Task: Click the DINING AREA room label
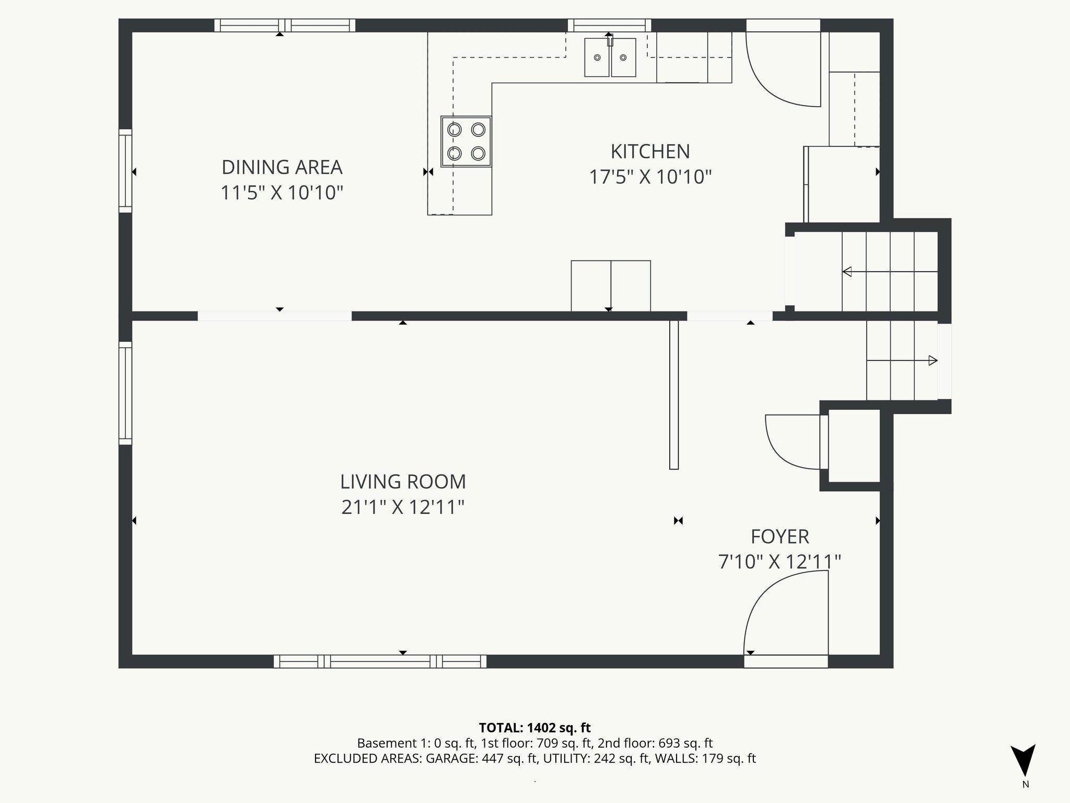pyautogui.click(x=282, y=167)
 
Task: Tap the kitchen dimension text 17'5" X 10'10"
pyautogui.click(x=650, y=177)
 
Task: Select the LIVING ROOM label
pyautogui.click(x=403, y=481)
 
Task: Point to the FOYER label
pyautogui.click(x=780, y=536)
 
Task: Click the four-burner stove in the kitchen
pyautogui.click(x=466, y=141)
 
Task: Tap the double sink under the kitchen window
pyautogui.click(x=610, y=58)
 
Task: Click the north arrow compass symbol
pyautogui.click(x=1022, y=761)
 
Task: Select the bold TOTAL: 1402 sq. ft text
pyautogui.click(x=534, y=728)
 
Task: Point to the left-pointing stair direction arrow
pyautogui.click(x=847, y=272)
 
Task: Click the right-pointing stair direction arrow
pyautogui.click(x=933, y=360)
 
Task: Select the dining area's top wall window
pyautogui.click(x=284, y=25)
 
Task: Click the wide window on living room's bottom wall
pyautogui.click(x=380, y=661)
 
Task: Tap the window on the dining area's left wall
pyautogui.click(x=125, y=171)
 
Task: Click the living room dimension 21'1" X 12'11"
pyautogui.click(x=403, y=507)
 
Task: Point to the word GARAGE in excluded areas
pyautogui.click(x=451, y=759)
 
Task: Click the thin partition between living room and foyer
pyautogui.click(x=674, y=395)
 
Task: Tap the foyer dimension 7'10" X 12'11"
pyautogui.click(x=780, y=562)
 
